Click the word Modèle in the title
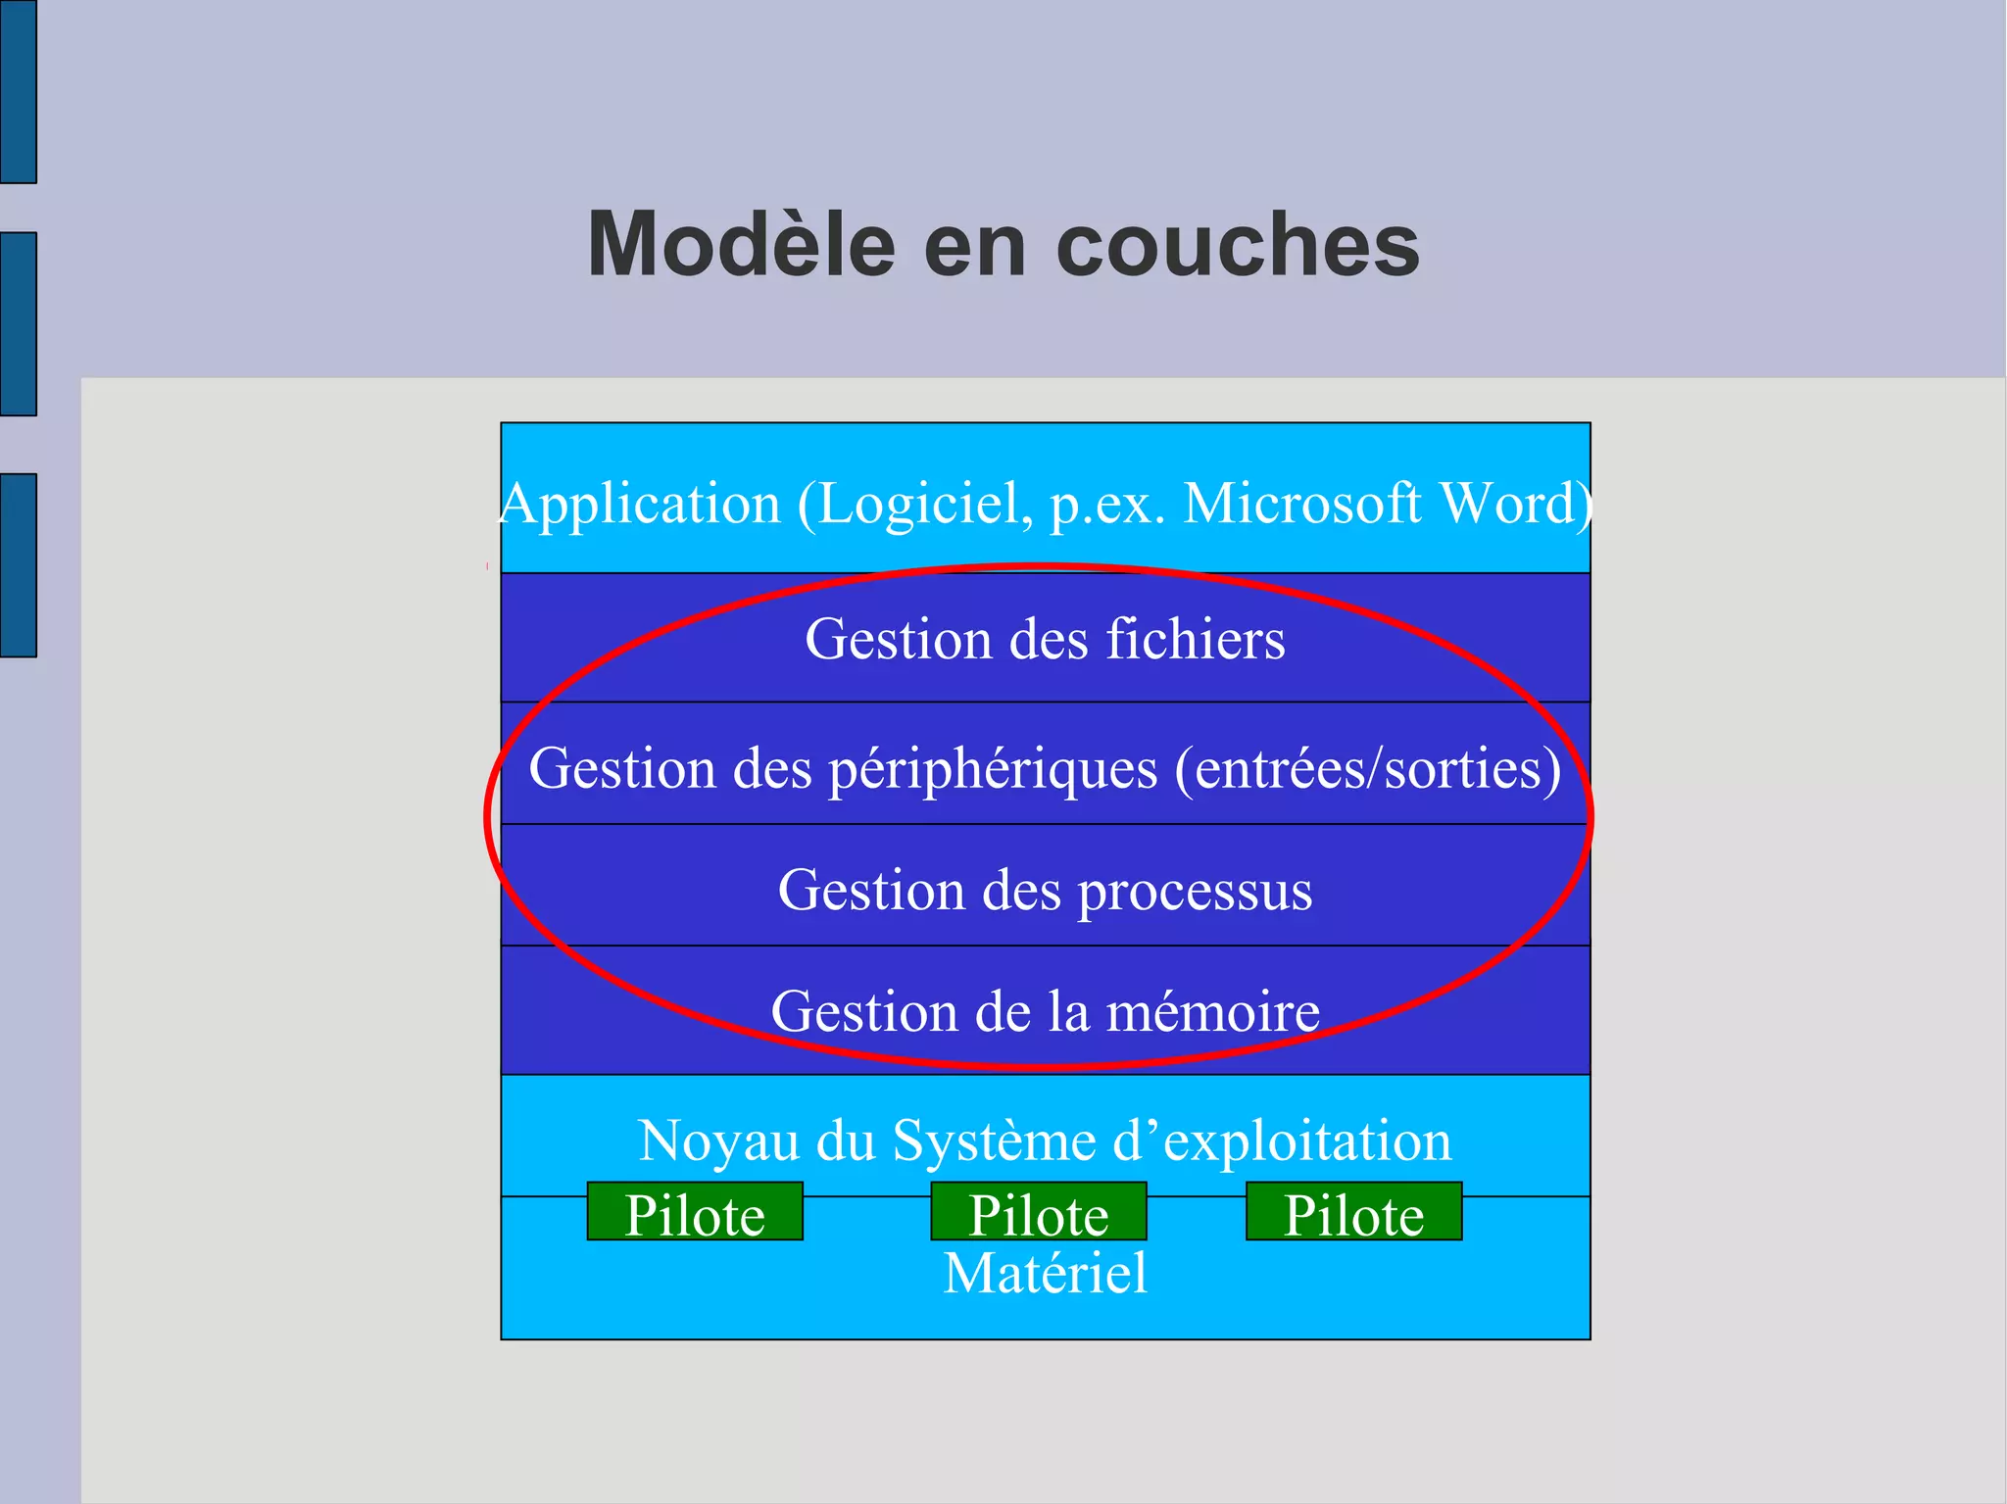point(741,244)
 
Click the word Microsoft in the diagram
point(1301,504)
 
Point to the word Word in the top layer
point(1513,504)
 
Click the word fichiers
point(1196,639)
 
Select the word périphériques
point(993,768)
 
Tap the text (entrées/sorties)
point(1368,768)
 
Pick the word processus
point(1195,891)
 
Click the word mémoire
point(1212,1011)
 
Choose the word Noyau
point(718,1141)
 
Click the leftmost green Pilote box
point(695,1212)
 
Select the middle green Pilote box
point(1039,1212)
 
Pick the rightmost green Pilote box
point(1353,1212)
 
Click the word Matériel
point(1045,1273)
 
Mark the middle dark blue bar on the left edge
point(18,323)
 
